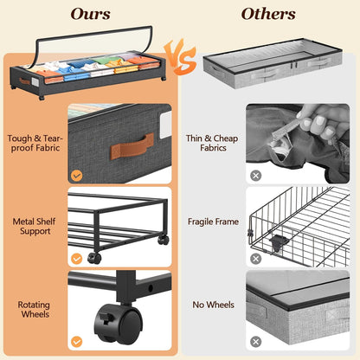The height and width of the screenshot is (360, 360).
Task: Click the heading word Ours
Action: [91, 14]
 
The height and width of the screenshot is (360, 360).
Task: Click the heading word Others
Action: [267, 14]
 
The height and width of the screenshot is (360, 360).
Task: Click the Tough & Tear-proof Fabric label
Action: [34, 143]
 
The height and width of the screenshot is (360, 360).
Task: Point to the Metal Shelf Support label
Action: [34, 227]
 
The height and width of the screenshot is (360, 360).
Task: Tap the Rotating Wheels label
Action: [34, 310]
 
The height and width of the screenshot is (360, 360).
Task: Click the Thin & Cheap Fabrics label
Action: [212, 143]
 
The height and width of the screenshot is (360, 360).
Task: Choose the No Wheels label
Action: [212, 305]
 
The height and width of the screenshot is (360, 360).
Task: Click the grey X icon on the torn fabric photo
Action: [255, 174]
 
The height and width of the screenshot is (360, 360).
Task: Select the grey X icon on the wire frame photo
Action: [255, 257]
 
